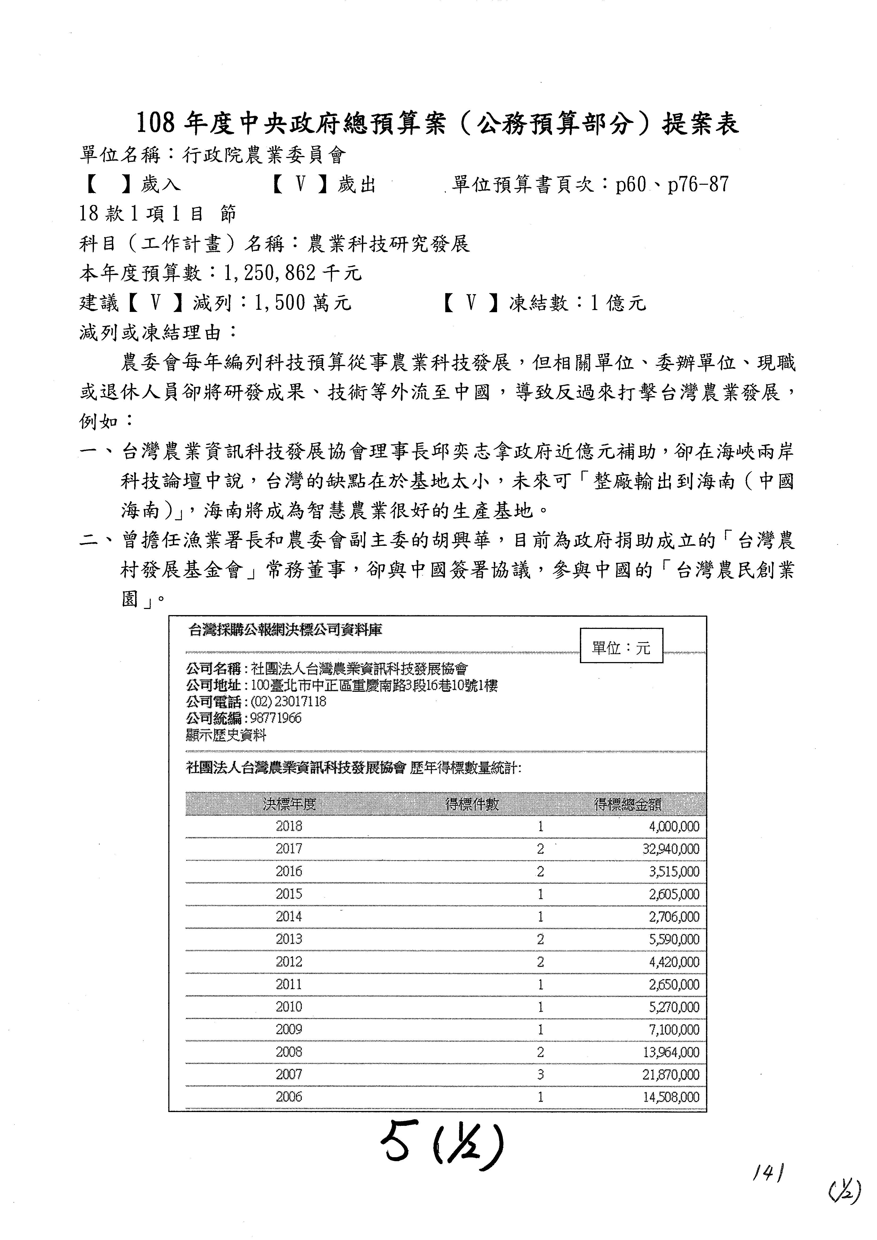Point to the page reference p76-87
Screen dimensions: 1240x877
point(698,185)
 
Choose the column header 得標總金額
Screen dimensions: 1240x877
point(627,804)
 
